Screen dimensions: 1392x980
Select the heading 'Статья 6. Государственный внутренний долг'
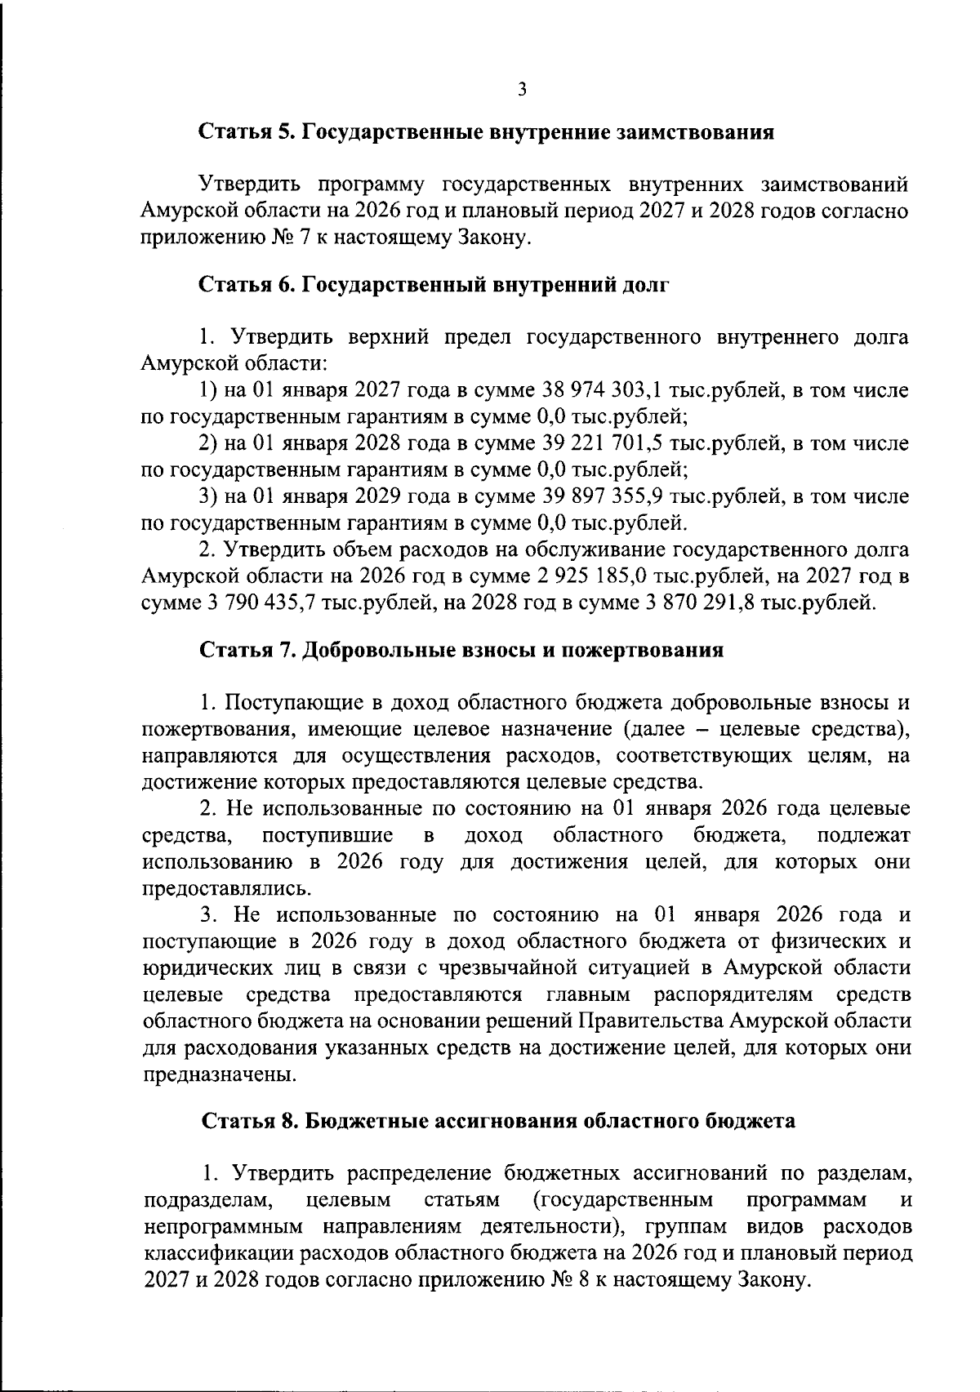click(x=434, y=286)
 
